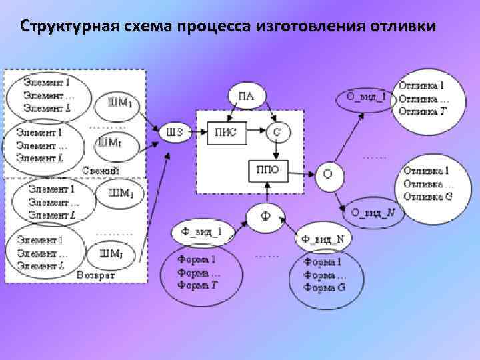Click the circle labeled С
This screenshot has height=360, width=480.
pyautogui.click(x=277, y=132)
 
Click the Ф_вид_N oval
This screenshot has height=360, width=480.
pyautogui.click(x=323, y=239)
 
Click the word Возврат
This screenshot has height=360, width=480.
pyautogui.click(x=96, y=275)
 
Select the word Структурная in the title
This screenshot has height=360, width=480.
pyautogui.click(x=69, y=27)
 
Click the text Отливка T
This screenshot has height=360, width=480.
pyautogui.click(x=421, y=111)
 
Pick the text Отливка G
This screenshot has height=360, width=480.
pyautogui.click(x=427, y=196)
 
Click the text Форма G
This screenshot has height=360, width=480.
pyautogui.click(x=325, y=288)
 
